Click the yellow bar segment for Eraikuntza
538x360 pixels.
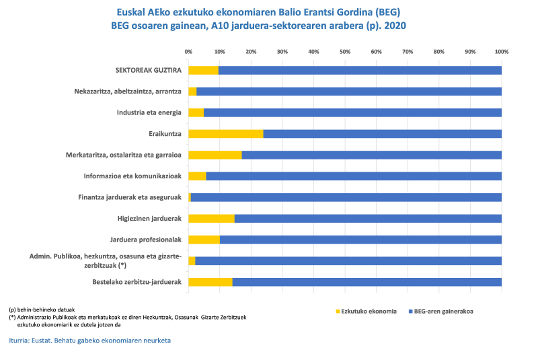tap(225, 134)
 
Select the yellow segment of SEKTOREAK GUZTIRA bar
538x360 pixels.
tap(203, 70)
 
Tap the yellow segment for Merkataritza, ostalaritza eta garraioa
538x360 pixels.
tap(215, 155)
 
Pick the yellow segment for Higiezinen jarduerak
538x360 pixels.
tap(211, 218)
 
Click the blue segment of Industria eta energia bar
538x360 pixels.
tap(352, 112)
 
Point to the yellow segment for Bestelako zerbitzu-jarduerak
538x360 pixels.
tap(210, 281)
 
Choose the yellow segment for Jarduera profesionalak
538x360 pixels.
tap(204, 240)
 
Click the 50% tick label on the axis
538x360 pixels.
tap(345, 51)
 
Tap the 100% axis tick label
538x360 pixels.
tap(501, 51)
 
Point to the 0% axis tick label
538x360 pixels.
tap(188, 51)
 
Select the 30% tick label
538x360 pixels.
tap(282, 51)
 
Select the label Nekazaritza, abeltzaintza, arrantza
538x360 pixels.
tap(128, 92)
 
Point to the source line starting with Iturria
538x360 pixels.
tap(90, 340)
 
